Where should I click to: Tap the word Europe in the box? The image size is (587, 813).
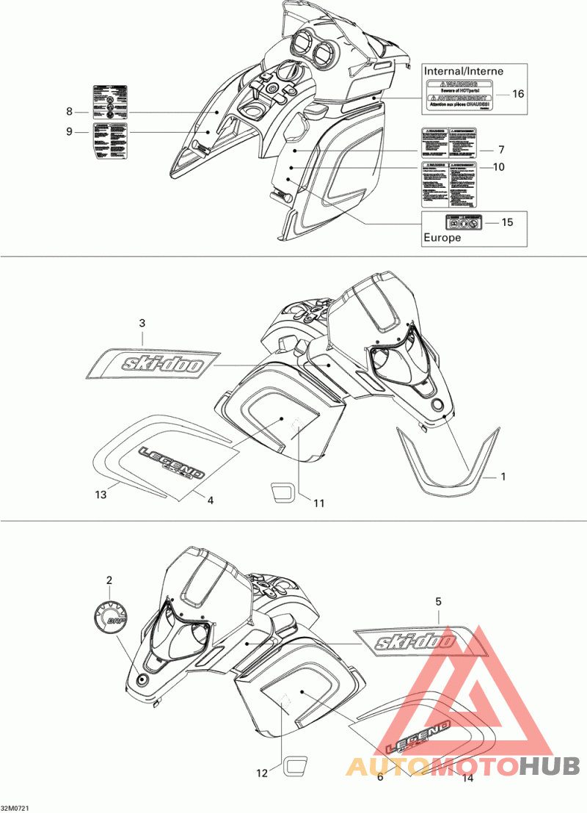tap(442, 238)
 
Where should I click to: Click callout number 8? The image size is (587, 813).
tap(70, 112)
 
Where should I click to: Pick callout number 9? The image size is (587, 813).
tap(70, 132)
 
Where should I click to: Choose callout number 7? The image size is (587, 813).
tap(503, 149)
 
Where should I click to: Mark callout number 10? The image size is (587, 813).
tap(498, 167)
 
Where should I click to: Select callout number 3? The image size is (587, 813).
tap(142, 323)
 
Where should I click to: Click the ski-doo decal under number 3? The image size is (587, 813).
tap(153, 362)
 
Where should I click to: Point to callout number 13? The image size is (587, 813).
tap(101, 495)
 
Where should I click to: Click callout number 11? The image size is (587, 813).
tap(319, 503)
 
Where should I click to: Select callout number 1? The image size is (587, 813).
tap(503, 477)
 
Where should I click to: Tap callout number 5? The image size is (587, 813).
tap(438, 602)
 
